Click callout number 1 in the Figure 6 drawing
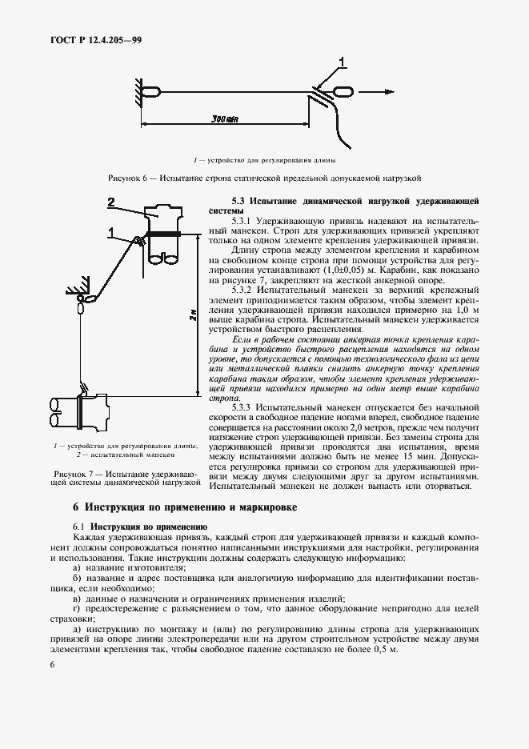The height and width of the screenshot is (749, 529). [342, 62]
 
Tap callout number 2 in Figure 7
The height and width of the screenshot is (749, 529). [113, 201]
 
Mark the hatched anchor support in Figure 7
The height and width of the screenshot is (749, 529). [78, 286]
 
